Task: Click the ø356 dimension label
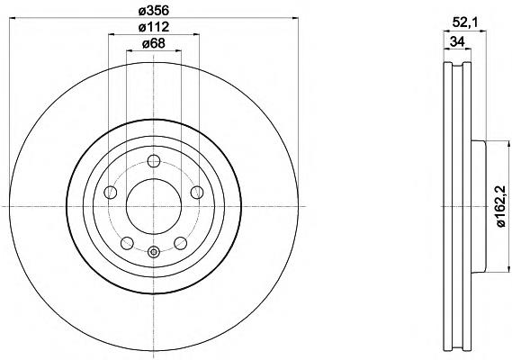pos(154,11)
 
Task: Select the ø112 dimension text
pos(154,27)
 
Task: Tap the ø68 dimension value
pos(154,43)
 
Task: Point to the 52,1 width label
pos(465,22)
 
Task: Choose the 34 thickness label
pos(457,41)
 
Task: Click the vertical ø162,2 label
pos(501,206)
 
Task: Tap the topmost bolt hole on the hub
pos(154,161)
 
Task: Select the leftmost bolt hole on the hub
pos(111,192)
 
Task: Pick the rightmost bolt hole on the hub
pos(197,192)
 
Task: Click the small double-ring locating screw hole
pos(154,251)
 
